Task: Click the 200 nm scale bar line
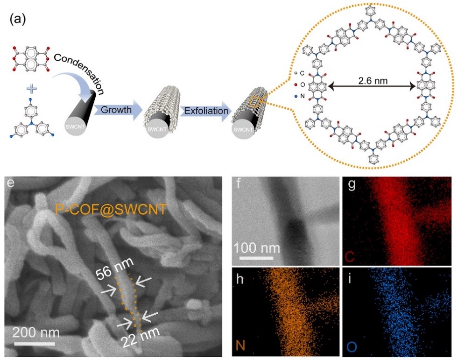[36, 345]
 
